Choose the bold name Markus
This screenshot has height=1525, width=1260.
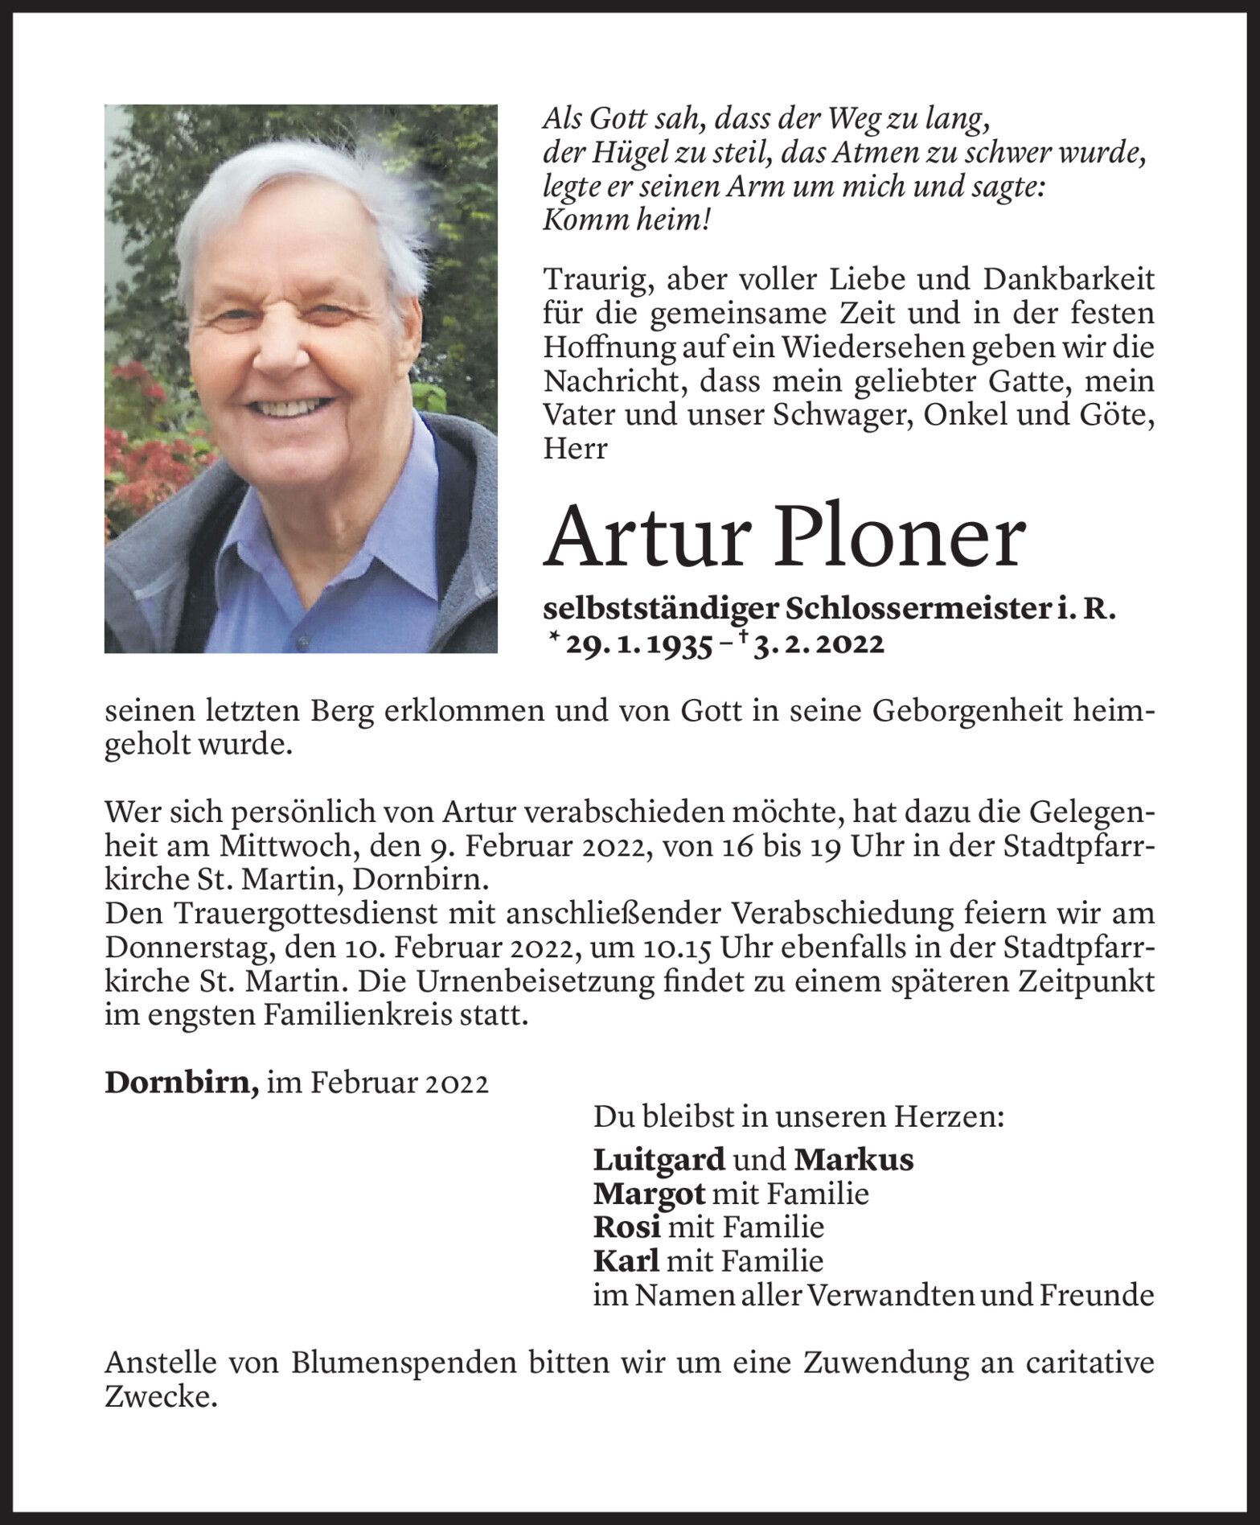(853, 1160)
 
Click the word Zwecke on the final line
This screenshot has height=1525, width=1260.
(161, 1398)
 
